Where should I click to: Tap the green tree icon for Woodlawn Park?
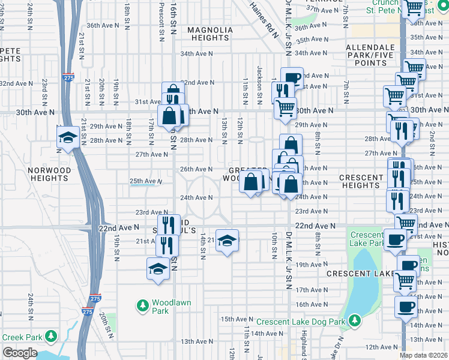[142, 306]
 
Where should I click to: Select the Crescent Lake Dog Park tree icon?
[354, 321]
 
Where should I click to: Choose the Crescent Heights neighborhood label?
[361, 181]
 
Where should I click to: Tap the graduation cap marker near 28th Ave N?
[67, 137]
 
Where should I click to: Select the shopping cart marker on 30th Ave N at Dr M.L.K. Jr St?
[286, 109]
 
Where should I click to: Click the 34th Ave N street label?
[197, 53]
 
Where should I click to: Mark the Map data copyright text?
[424, 355]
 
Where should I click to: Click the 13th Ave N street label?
[196, 341]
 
